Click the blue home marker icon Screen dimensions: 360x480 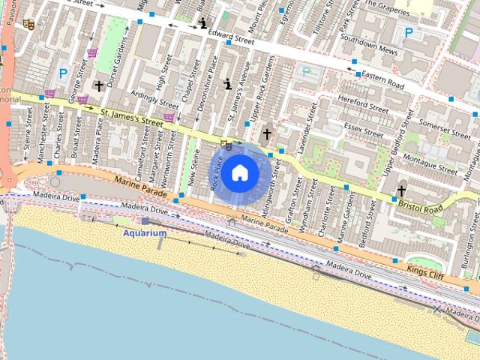pos(240,172)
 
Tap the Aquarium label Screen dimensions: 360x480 pos(145,233)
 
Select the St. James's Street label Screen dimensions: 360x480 pos(131,116)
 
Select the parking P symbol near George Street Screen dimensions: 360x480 pos(63,73)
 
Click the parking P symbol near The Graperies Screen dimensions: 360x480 pos(409,32)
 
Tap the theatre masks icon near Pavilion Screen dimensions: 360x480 pos(28,24)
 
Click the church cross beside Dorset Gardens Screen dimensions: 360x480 pos(98,86)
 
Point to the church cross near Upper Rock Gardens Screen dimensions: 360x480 pos(266,134)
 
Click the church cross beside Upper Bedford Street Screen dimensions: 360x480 pos(401,190)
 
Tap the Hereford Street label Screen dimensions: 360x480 pos(363,103)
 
